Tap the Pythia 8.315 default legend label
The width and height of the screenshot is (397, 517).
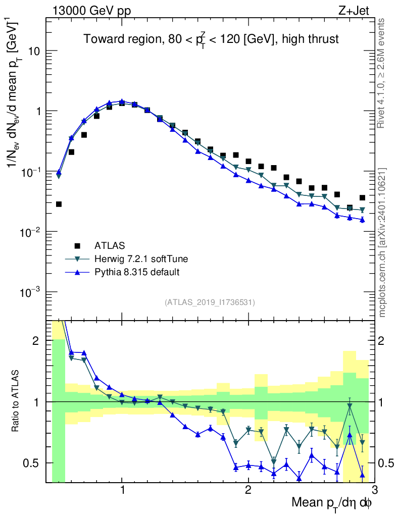point(137,272)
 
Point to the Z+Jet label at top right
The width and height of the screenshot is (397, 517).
point(360,9)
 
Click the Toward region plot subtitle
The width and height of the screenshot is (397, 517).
point(211,39)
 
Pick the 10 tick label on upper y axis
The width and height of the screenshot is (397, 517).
point(33,51)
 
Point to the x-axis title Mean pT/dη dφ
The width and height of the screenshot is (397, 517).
point(331,503)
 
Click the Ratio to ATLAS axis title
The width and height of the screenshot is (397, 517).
point(16,401)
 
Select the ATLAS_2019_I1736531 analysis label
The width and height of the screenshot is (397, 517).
point(210,302)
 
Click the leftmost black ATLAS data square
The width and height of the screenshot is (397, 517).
point(59,204)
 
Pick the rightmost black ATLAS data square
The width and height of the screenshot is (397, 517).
point(362,198)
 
